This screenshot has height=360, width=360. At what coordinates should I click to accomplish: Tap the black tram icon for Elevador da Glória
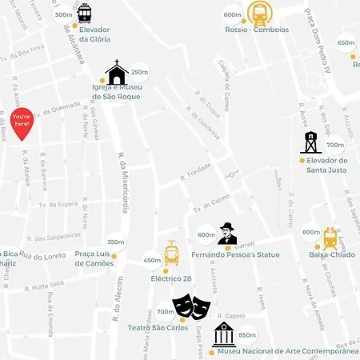[84, 13]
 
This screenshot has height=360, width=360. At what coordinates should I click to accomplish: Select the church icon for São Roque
[117, 73]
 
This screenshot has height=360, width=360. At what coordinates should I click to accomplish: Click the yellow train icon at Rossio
[258, 13]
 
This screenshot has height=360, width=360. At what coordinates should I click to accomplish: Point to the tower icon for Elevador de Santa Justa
[310, 142]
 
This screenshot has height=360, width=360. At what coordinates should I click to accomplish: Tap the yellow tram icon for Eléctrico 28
[171, 254]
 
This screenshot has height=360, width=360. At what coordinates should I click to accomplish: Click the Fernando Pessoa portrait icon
[228, 235]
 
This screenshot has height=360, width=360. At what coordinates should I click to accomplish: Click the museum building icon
[223, 335]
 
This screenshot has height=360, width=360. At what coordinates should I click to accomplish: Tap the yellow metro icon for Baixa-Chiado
[330, 238]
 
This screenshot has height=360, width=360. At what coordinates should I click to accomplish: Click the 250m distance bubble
[139, 72]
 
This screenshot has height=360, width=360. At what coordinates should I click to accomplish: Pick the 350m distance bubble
[116, 242]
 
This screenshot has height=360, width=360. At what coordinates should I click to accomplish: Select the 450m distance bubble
[152, 260]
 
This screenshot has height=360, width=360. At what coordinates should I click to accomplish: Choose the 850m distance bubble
[247, 335]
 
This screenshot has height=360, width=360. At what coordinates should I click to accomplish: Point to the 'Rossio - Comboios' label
[255, 30]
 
